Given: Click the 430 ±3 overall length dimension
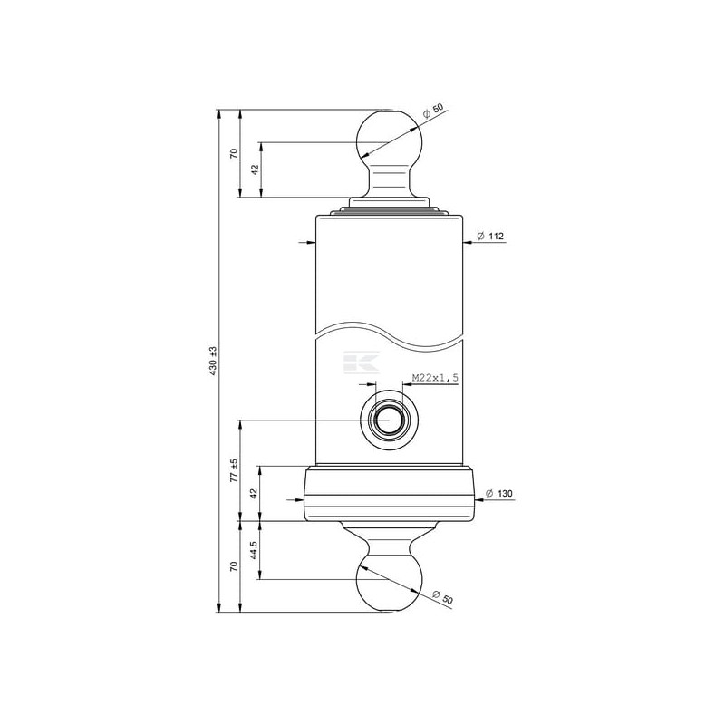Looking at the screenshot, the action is point(213,361).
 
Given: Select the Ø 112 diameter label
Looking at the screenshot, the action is point(490,237).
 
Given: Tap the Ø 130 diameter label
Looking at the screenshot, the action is point(499,494).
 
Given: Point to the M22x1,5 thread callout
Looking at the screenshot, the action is point(435,378).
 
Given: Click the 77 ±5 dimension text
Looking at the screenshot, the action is point(235,470).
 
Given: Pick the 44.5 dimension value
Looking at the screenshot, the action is point(254,550).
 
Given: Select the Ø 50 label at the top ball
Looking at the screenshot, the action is point(433,111).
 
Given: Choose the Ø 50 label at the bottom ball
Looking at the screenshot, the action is point(442,597).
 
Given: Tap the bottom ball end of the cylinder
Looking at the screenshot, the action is point(390,583).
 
